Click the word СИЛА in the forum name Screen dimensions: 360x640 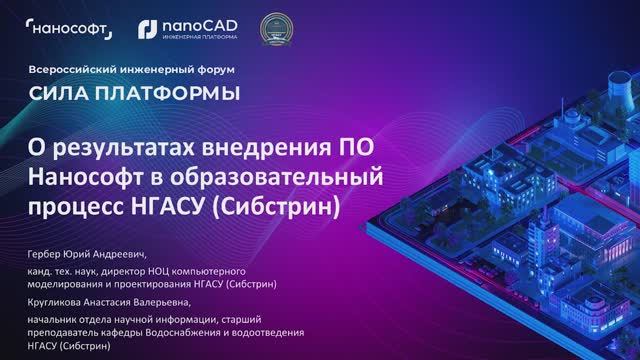click(54, 94)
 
